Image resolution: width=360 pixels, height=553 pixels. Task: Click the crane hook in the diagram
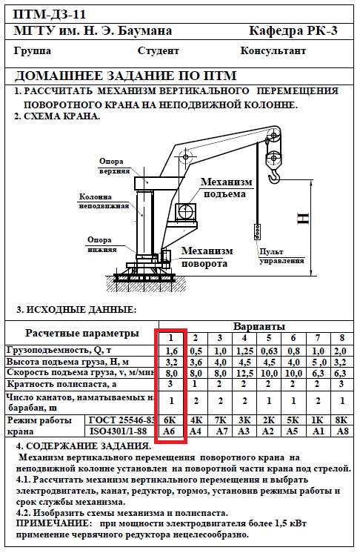(274, 176)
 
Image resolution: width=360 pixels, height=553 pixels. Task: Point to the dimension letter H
(303, 219)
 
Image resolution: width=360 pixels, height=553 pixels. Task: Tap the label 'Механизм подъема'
(226, 188)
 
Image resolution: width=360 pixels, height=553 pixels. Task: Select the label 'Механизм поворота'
(207, 256)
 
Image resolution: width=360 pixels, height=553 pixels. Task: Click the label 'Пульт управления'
(281, 256)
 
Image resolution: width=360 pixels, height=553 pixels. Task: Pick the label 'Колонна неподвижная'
(104, 201)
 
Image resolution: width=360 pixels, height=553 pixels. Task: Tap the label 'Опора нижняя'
(101, 245)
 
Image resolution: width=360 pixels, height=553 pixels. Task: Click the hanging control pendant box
(258, 232)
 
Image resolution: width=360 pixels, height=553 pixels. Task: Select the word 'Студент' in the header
(159, 51)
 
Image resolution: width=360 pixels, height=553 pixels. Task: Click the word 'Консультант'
(273, 51)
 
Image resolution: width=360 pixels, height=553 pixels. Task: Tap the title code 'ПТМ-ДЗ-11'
(50, 15)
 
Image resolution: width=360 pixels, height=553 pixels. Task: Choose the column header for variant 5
(269, 338)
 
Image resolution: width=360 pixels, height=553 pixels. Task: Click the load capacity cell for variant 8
(341, 351)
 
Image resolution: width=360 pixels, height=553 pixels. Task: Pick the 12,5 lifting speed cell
(244, 373)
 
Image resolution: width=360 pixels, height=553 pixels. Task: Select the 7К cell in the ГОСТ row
(220, 420)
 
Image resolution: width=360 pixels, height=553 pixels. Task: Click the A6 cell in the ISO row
(170, 431)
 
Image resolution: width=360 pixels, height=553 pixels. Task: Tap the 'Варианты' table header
(259, 327)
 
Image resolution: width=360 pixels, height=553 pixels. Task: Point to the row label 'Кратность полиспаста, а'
(61, 384)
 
